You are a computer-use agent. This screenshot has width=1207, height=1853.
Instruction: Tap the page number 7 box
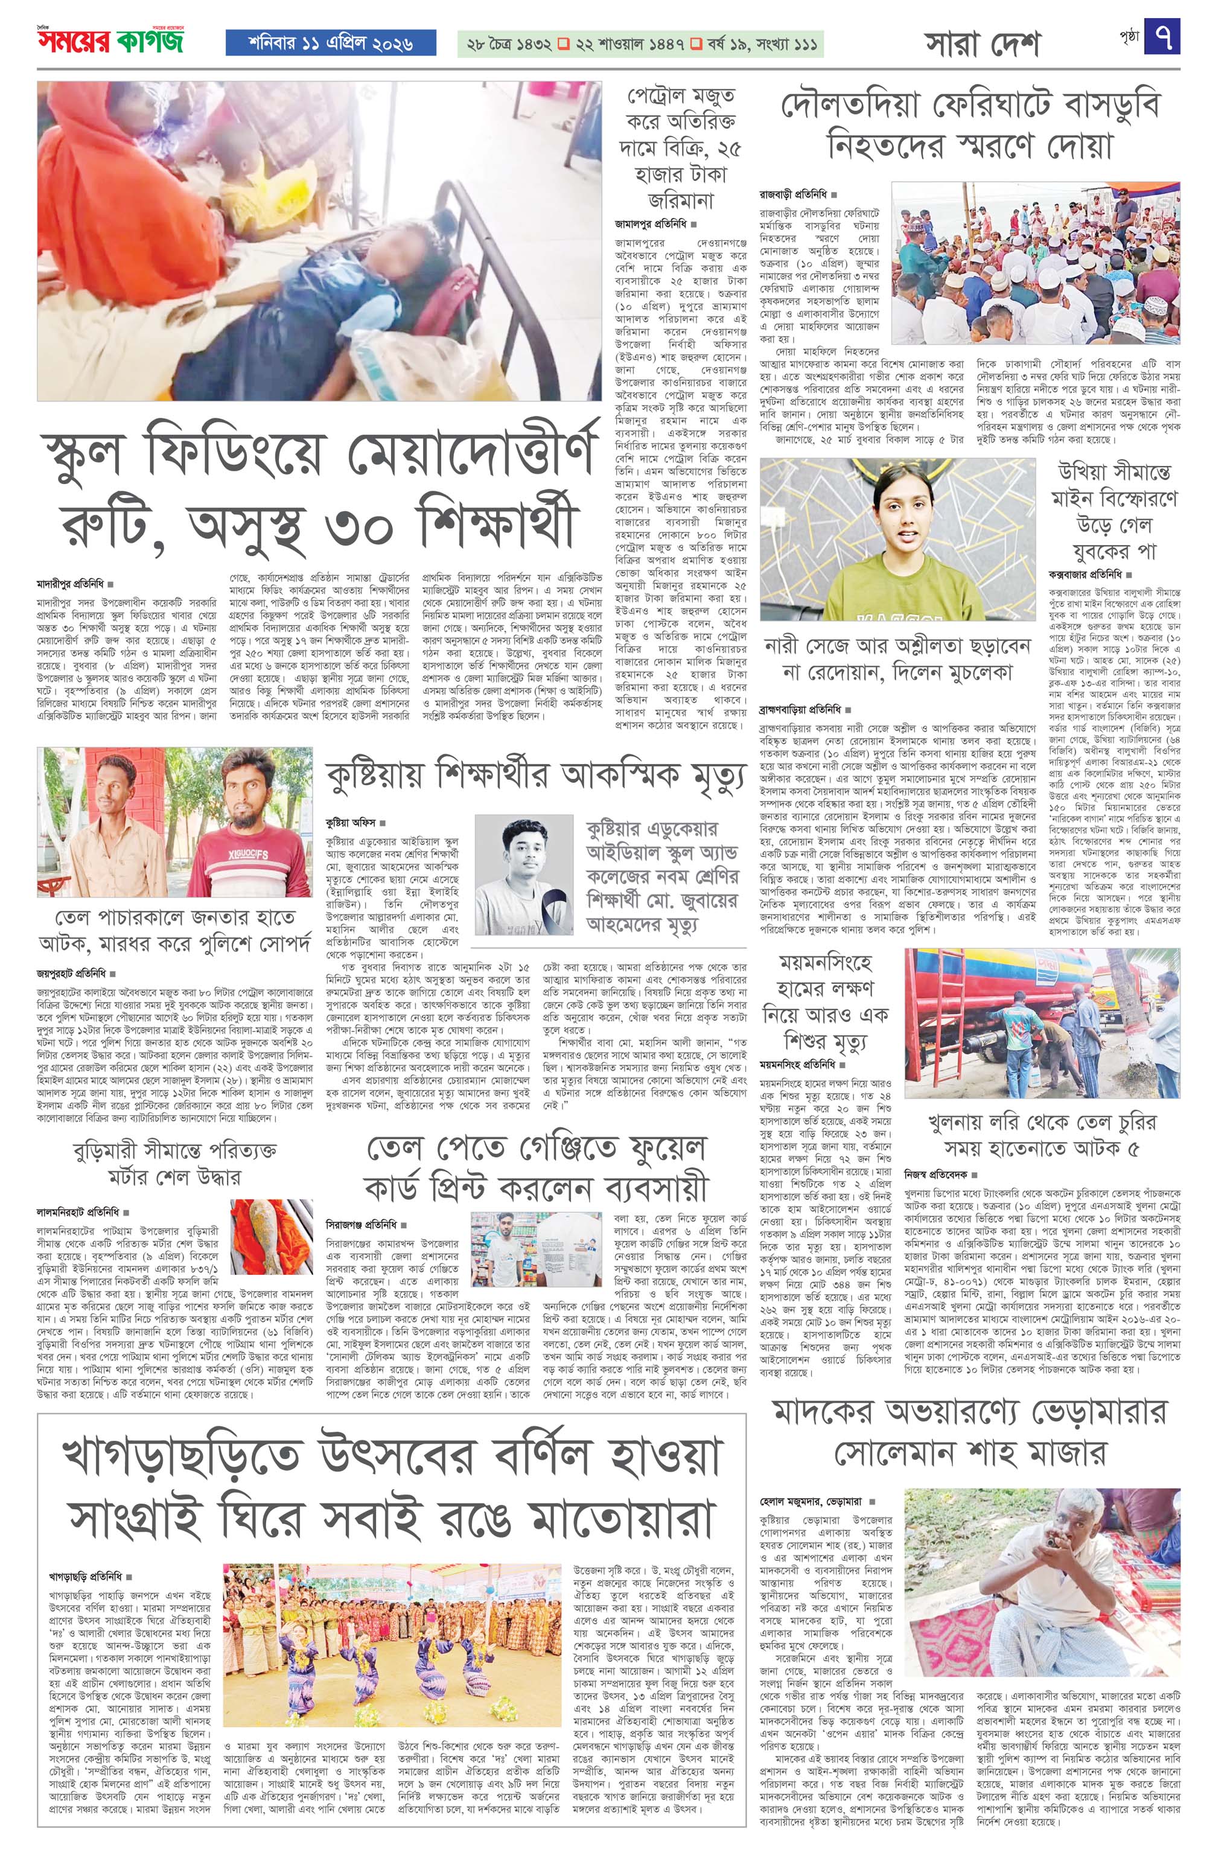[x=1162, y=37]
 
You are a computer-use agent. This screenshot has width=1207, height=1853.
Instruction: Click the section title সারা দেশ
[x=982, y=45]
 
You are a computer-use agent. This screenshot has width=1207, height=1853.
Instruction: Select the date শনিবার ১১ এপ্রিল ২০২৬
[x=319, y=43]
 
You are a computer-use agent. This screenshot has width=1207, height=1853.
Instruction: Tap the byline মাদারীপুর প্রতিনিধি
[x=72, y=583]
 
